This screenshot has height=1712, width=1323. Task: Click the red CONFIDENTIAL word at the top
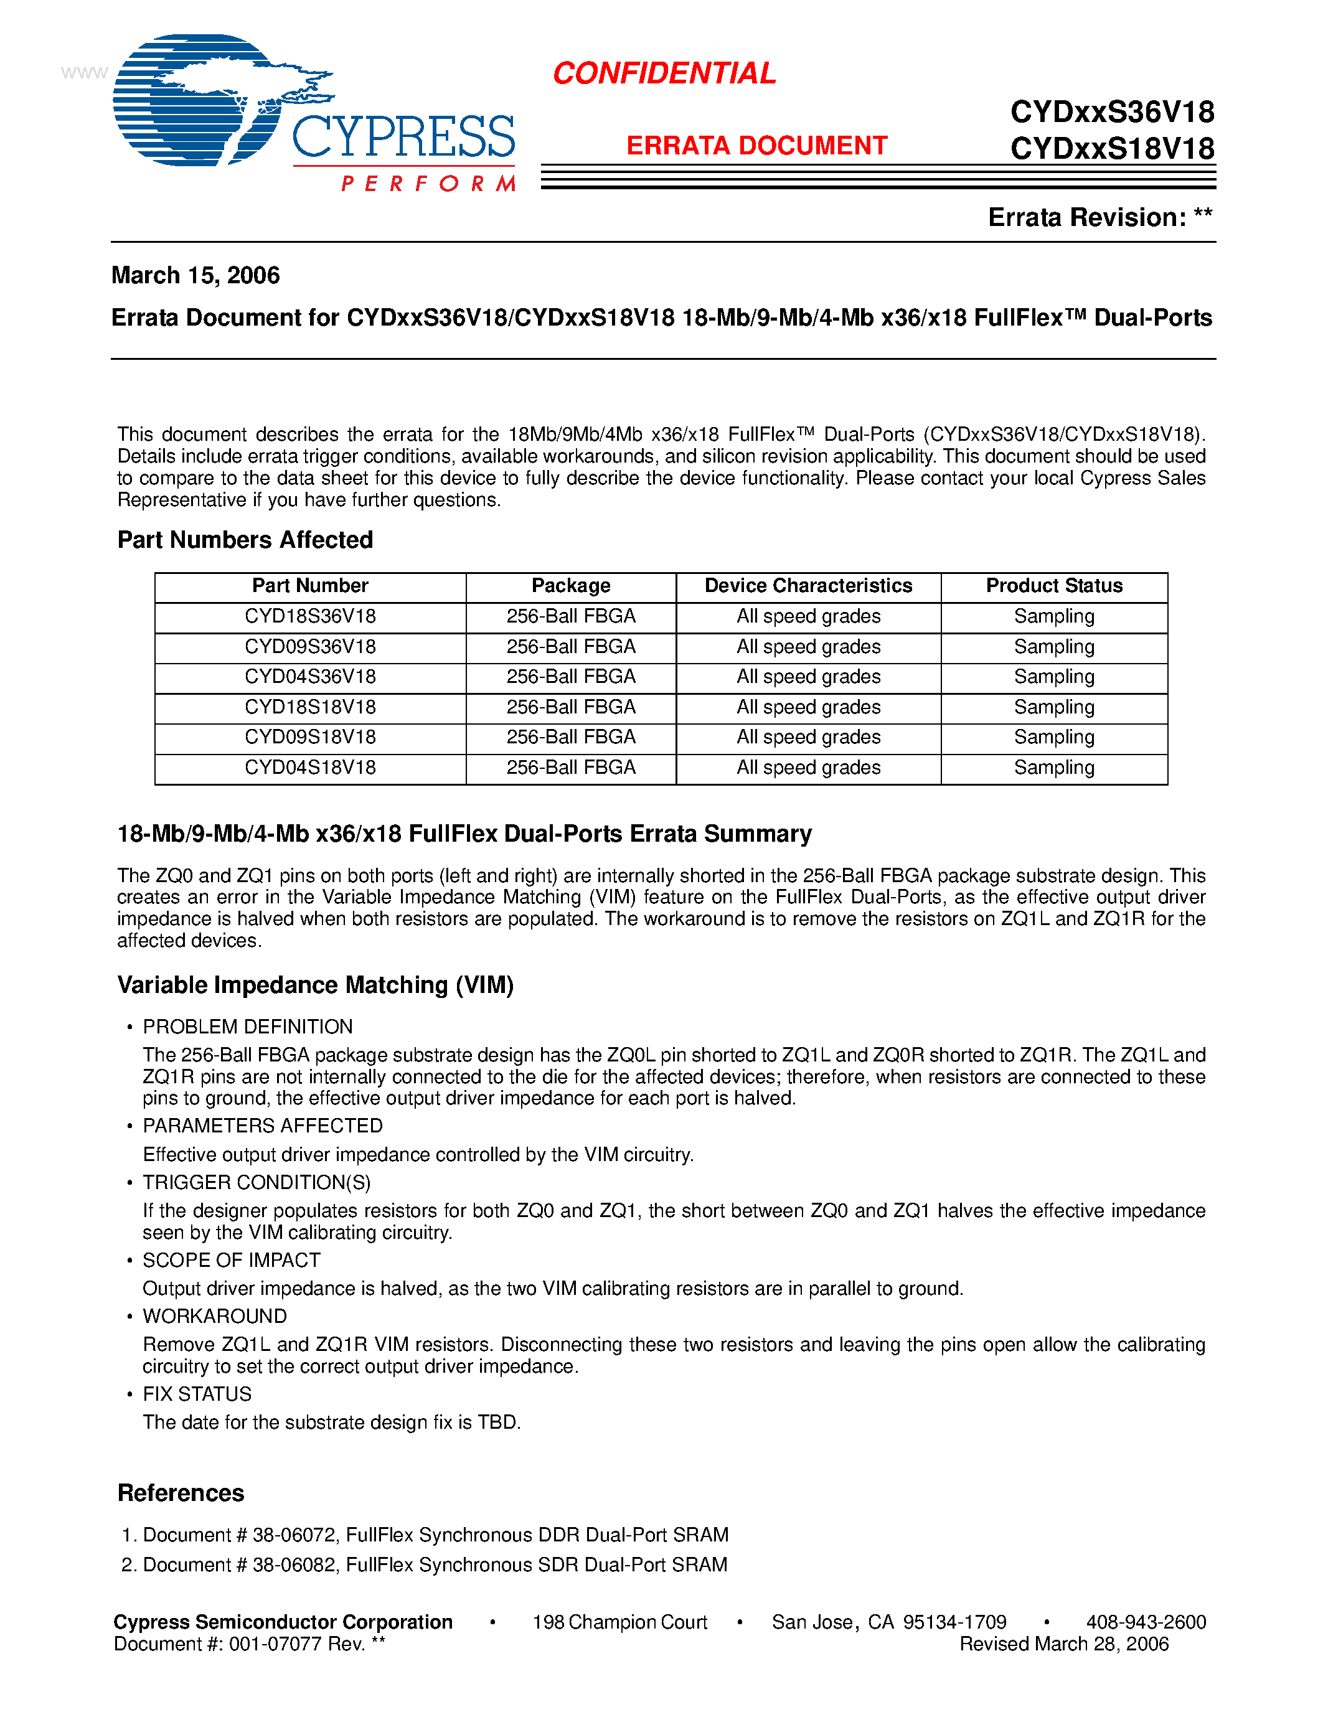664,73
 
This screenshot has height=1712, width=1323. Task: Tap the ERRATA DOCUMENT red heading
756,146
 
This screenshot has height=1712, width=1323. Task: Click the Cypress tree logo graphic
204,100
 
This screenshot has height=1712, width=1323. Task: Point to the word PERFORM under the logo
428,184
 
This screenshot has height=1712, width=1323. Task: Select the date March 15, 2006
195,275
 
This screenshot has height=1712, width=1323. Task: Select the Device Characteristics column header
808,586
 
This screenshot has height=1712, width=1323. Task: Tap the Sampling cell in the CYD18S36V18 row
1054,616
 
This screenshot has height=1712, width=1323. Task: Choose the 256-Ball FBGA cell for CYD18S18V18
570,707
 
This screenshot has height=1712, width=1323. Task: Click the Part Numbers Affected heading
245,540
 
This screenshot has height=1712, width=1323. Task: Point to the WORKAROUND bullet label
215,1316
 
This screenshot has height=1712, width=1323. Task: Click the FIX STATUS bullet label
197,1394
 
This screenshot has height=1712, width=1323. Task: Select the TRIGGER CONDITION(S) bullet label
257,1182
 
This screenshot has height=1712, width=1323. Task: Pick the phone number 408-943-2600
1146,1622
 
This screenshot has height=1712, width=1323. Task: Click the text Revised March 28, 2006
1063,1644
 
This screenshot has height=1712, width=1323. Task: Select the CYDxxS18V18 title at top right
1112,149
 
